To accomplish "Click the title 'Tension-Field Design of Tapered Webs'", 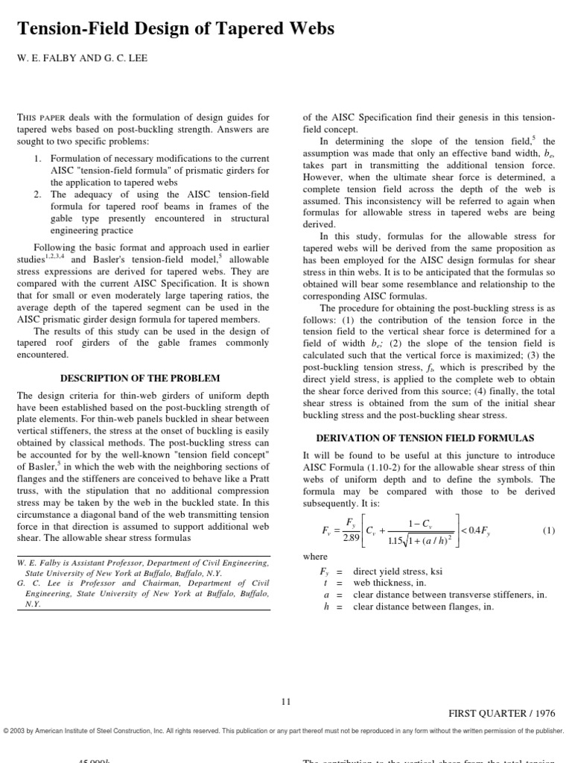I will click(x=175, y=30).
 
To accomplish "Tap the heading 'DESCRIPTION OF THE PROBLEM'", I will click(x=139, y=378).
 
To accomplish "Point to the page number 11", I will click(x=286, y=701).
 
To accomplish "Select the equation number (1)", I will click(x=549, y=531).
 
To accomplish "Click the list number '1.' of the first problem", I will click(x=38, y=159).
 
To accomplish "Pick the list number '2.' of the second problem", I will click(x=38, y=194).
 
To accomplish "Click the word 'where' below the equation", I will click(x=314, y=556).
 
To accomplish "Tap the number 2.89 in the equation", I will click(x=351, y=538).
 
